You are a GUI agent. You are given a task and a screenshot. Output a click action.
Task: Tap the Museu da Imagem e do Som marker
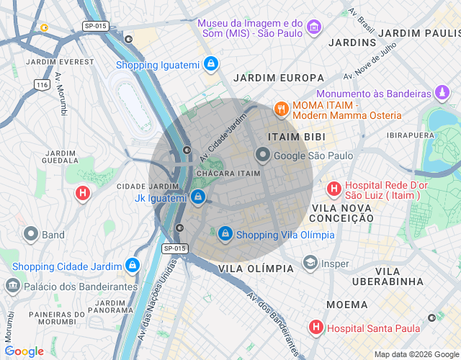(313, 27)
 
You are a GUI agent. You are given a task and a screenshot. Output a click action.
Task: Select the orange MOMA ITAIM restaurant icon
(280, 109)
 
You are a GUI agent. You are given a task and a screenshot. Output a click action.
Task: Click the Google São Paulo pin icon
(263, 155)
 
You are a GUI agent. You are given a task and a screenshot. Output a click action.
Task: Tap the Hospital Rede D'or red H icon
(334, 189)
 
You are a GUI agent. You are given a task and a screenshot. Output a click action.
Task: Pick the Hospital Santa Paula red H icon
(315, 328)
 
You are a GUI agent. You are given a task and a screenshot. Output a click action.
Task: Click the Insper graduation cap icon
(310, 264)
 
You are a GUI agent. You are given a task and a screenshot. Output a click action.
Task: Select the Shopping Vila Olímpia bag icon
(225, 234)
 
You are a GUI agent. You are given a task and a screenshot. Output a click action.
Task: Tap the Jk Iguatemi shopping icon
(198, 197)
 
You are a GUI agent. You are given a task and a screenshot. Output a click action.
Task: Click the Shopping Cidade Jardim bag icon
(131, 266)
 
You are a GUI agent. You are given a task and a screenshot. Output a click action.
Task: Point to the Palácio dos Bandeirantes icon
(12, 286)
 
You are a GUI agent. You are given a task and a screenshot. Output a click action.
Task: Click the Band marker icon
(30, 234)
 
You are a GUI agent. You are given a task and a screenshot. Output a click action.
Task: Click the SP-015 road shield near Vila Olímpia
(174, 248)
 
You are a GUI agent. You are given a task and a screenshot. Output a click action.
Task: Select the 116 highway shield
(42, 85)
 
